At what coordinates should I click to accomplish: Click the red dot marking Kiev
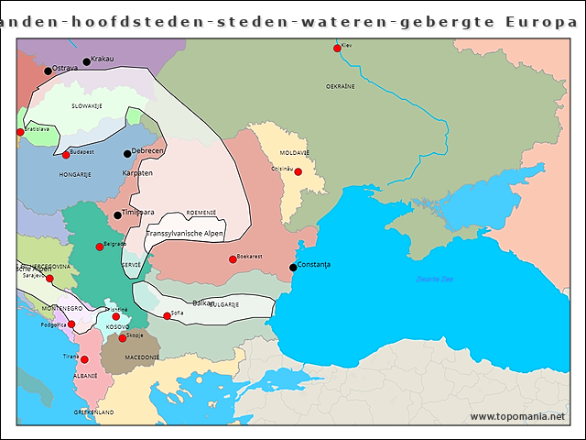(337, 48)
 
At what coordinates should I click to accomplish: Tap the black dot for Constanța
(293, 268)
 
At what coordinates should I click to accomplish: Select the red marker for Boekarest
(233, 259)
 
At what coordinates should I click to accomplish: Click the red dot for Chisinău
(298, 171)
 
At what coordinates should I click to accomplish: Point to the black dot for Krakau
(87, 62)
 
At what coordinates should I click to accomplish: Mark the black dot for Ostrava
(48, 71)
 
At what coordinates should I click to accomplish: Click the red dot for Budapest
(65, 155)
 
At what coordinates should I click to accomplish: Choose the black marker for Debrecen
(127, 153)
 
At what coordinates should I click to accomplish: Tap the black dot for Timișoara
(117, 215)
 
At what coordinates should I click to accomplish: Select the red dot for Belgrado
(100, 247)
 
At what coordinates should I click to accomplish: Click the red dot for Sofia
(167, 316)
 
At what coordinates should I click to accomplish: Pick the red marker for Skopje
(122, 338)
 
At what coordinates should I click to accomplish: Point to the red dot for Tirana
(84, 359)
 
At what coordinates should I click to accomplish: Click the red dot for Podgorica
(71, 324)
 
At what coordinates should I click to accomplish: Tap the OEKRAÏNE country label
(340, 86)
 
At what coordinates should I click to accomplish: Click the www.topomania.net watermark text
(517, 417)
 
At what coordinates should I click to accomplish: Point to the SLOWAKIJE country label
(86, 106)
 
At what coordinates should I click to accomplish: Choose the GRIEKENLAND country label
(93, 413)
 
